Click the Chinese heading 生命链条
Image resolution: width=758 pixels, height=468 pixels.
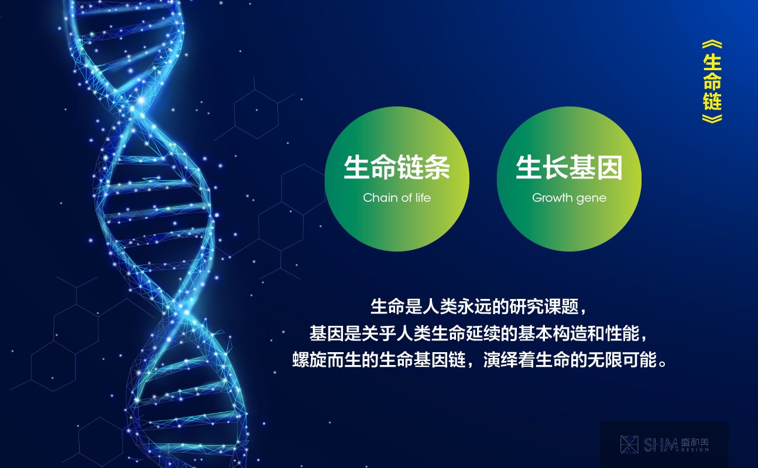(397, 167)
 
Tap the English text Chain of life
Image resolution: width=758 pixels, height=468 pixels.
(397, 198)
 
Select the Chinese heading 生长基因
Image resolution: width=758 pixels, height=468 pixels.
(569, 167)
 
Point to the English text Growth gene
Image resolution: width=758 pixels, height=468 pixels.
(569, 198)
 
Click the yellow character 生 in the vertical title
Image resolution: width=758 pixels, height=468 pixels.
(712, 62)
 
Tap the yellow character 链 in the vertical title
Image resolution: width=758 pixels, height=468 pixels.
(712, 101)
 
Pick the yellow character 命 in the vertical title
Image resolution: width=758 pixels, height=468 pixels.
(712, 81)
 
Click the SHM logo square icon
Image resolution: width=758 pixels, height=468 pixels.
(629, 445)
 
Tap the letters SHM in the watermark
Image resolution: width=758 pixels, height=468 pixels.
(660, 445)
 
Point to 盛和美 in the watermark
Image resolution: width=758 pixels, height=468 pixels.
(694, 442)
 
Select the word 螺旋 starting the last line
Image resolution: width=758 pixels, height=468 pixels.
(309, 359)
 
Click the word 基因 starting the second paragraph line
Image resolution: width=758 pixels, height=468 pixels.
(327, 333)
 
